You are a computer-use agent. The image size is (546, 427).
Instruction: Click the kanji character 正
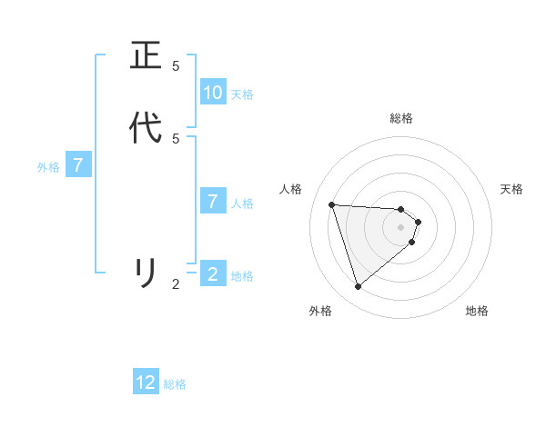146,56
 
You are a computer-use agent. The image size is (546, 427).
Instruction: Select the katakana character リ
146,273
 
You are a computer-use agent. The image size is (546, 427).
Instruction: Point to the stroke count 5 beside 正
176,66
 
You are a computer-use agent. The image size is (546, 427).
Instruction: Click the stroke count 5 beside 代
176,138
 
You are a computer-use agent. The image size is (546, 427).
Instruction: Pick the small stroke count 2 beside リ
176,284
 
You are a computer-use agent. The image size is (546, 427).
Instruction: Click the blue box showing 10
213,93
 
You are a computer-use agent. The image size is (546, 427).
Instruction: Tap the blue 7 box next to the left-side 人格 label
213,202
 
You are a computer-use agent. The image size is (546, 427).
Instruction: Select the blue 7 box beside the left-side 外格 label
78,165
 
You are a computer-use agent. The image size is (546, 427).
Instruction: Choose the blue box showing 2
213,273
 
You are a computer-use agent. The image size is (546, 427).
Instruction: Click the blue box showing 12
146,382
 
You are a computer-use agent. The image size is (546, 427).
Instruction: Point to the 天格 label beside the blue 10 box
242,94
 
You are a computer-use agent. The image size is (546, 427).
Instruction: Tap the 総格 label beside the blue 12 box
175,384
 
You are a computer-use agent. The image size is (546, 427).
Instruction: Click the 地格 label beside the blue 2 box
242,276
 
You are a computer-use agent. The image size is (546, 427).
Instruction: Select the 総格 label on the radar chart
401,118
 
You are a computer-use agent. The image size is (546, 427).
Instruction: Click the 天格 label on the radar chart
511,189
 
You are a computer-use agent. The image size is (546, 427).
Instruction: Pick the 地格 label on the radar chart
477,312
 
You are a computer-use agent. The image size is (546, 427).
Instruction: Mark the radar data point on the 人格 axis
332,204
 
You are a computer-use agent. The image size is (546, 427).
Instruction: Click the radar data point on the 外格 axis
359,287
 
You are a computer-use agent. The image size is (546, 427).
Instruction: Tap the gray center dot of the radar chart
401,239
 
